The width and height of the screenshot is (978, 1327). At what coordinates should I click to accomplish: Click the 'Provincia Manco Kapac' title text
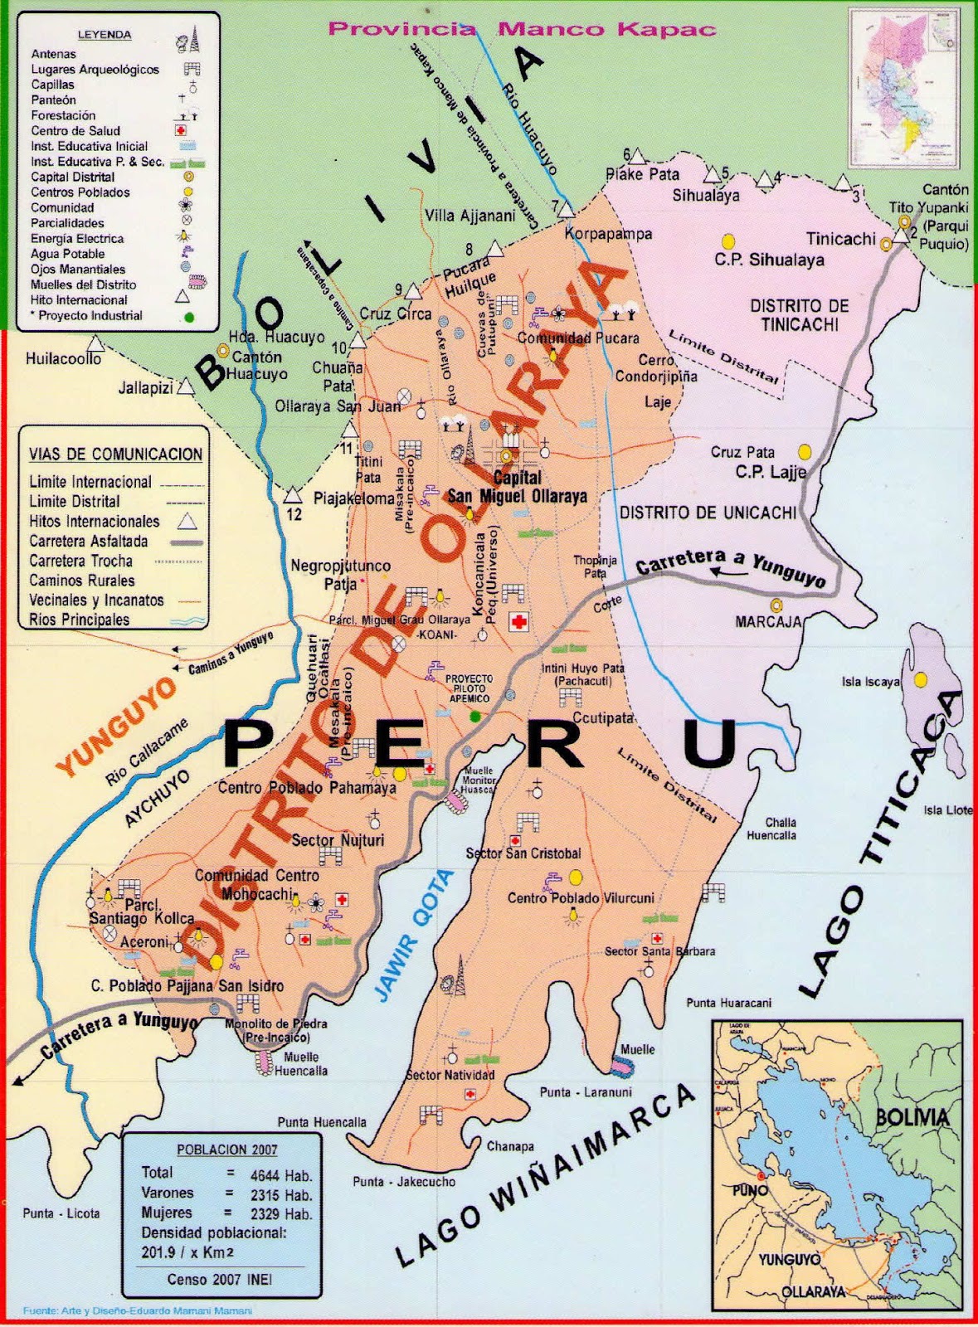(522, 29)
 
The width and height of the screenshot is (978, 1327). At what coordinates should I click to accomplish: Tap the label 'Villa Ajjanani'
(470, 216)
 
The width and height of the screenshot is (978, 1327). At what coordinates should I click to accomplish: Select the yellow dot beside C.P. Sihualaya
(727, 241)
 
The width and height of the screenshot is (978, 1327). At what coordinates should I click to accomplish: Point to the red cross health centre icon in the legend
(181, 131)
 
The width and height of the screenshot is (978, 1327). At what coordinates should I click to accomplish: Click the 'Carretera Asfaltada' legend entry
(89, 542)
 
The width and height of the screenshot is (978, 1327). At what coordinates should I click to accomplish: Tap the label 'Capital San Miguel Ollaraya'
(517, 488)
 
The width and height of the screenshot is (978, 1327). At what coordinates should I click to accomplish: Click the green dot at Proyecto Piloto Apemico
(474, 715)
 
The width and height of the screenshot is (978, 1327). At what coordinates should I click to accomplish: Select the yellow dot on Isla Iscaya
(920, 679)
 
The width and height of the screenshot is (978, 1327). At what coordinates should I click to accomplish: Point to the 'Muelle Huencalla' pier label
(300, 1064)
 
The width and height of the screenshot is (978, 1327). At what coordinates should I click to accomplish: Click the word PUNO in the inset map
(750, 1189)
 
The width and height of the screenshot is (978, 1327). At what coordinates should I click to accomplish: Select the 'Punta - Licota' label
(61, 1213)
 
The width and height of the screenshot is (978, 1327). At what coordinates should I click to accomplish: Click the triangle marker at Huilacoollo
(97, 343)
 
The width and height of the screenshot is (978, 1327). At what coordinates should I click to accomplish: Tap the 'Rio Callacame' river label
(147, 751)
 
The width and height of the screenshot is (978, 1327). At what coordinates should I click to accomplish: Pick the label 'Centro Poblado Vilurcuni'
(581, 898)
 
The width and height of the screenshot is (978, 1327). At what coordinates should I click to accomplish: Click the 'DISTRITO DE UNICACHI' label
(708, 513)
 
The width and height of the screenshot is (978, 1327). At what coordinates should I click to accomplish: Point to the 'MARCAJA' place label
(768, 621)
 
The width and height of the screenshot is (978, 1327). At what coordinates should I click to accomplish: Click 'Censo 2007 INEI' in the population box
(220, 1279)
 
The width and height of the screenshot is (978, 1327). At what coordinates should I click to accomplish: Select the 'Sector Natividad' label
(450, 1075)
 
